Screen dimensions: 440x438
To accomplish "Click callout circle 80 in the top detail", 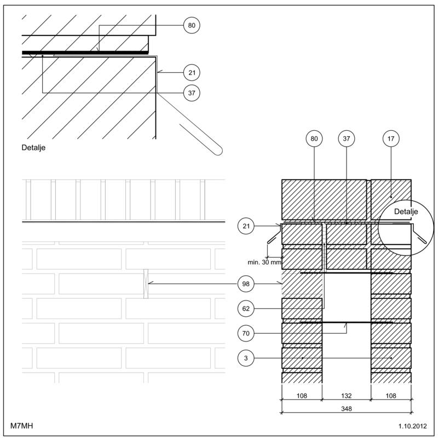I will point(191,25).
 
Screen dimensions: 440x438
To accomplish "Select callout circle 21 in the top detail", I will point(191,72).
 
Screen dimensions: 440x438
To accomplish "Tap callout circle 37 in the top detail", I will point(191,93).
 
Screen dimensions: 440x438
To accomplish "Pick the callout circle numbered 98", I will point(246,283).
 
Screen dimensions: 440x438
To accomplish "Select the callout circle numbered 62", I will point(246,309).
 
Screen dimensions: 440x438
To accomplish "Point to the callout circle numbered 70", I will point(246,333).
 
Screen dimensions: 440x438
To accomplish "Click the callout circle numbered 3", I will point(246,358).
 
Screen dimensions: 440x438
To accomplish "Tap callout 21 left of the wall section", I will point(246,225).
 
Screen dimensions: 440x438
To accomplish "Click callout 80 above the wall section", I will point(314,139).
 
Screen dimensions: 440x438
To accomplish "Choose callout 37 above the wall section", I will point(346,139).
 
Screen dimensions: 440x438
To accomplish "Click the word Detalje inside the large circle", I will point(406,211).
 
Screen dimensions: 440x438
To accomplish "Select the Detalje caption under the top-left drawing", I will point(33,148).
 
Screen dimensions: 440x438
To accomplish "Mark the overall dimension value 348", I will point(346,408).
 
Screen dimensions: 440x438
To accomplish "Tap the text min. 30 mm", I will point(264,262).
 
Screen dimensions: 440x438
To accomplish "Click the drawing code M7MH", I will point(22,425).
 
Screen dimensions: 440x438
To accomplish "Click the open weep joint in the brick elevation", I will point(146,283).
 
